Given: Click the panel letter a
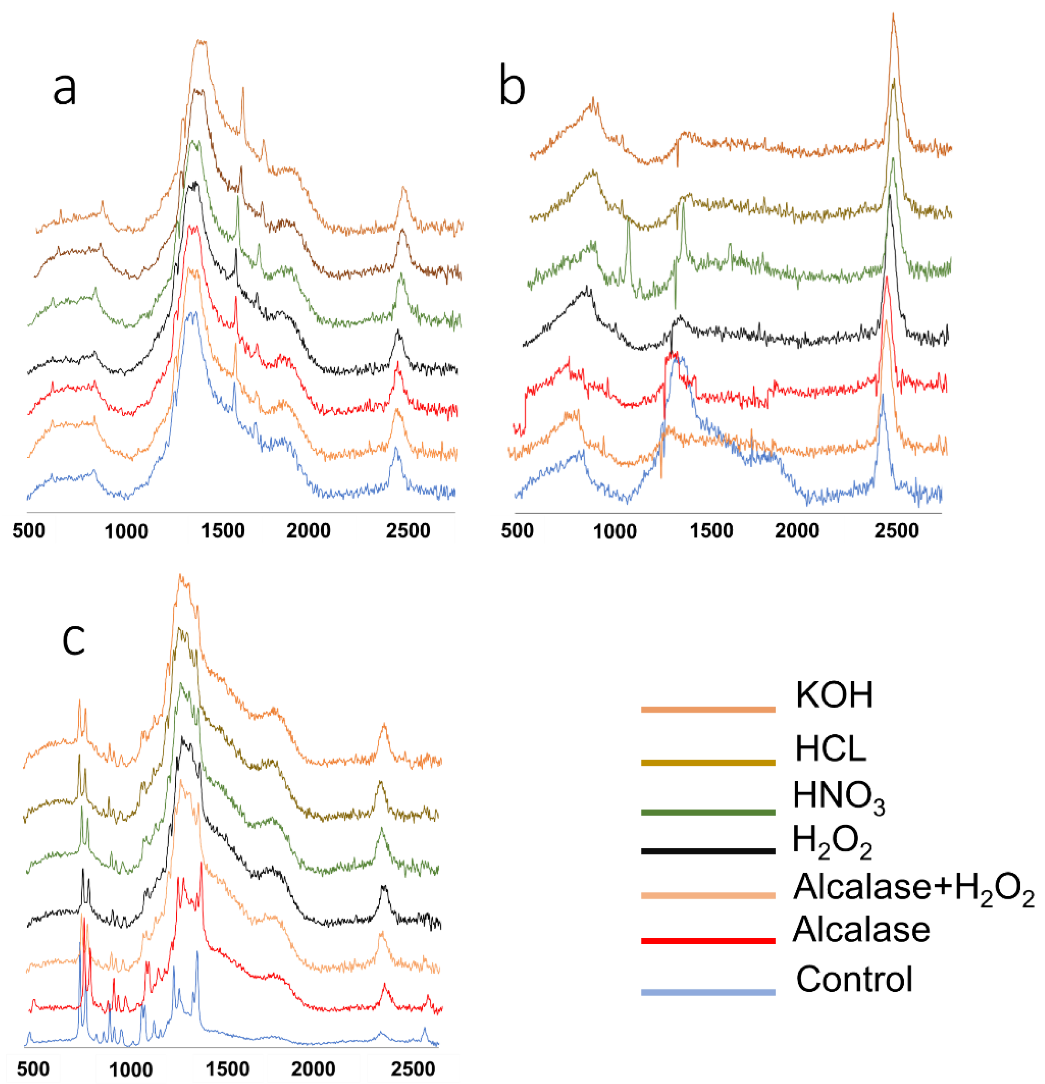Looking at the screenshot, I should tap(64, 89).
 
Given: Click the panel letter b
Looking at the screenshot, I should tap(512, 86).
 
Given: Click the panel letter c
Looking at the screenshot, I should tap(74, 640).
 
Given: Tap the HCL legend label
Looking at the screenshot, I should tap(830, 749).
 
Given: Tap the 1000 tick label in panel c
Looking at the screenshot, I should tap(131, 1070).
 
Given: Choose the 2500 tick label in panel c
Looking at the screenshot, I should tap(413, 1069).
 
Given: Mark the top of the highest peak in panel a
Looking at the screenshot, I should tap(201, 41).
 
